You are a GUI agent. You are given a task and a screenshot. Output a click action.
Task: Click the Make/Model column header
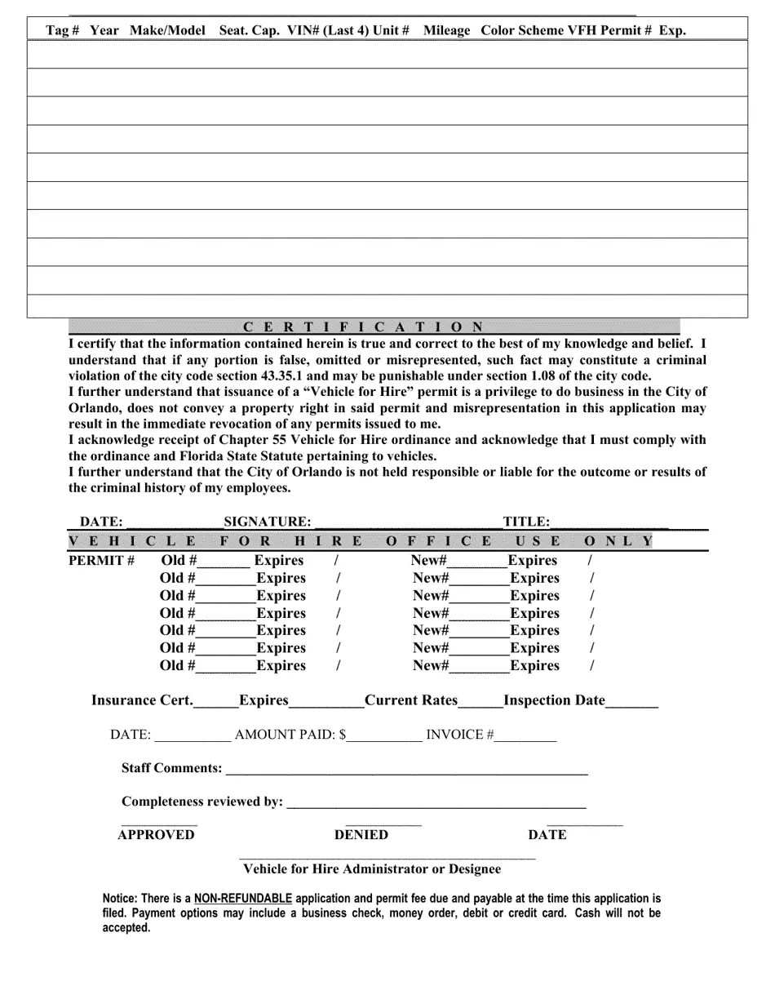167,30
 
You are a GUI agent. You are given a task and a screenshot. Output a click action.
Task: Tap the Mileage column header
447,30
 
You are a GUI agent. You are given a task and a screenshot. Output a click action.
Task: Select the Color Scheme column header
522,30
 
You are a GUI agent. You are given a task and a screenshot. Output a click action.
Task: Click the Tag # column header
63,30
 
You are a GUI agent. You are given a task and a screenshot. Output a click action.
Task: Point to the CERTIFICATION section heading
363,327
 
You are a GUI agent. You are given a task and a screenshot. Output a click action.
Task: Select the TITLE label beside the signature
526,522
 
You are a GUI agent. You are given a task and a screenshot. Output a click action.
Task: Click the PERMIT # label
101,561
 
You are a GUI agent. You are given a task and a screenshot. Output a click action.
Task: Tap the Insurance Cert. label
142,700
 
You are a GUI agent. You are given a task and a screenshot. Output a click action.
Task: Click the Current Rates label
411,700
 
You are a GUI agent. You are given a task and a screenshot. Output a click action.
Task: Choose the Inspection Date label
555,700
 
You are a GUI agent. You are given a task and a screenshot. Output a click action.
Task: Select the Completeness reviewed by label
202,802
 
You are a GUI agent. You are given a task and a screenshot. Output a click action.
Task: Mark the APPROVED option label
157,835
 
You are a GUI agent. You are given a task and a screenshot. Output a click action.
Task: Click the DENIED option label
361,835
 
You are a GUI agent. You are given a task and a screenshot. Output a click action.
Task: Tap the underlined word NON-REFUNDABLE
243,899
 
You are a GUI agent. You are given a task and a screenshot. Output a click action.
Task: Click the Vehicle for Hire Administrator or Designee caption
372,869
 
